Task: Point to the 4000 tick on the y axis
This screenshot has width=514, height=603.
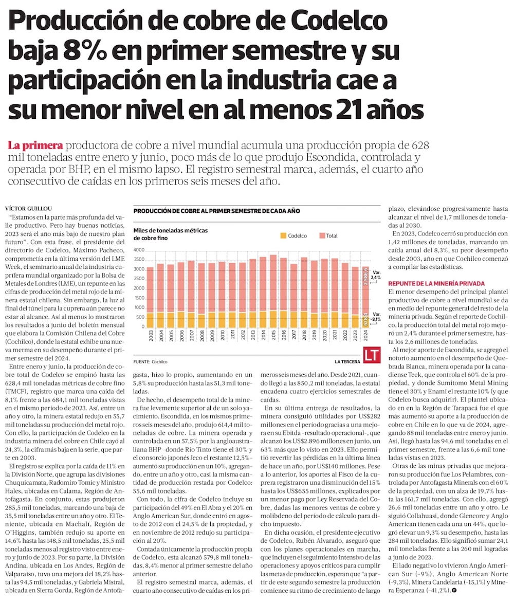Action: pos(139,249)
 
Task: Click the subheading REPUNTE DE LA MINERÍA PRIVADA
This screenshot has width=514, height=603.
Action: pos(435,283)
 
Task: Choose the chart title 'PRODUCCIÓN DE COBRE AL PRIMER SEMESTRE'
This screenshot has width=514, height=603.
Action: pos(216,211)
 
